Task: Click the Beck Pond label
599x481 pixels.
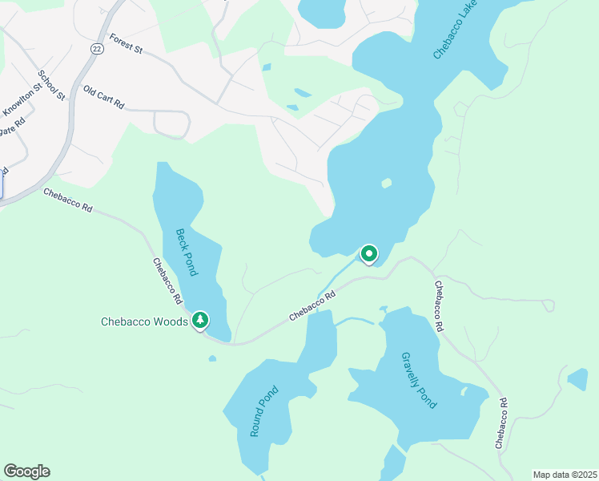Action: click(186, 253)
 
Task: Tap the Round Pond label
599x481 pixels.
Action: click(263, 411)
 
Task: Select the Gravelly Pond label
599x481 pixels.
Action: click(419, 380)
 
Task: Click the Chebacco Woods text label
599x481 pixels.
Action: click(144, 322)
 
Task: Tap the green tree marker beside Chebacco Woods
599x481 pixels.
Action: click(200, 321)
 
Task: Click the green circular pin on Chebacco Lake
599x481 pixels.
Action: click(369, 254)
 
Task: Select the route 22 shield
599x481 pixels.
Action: click(97, 49)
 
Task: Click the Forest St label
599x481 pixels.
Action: click(126, 43)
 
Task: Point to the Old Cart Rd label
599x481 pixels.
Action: click(104, 99)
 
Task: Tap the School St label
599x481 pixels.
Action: click(50, 85)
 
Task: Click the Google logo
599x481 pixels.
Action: click(26, 471)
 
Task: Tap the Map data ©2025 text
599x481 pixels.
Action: click(564, 475)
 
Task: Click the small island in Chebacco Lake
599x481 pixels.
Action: click(387, 183)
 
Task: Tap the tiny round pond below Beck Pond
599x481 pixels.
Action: click(211, 358)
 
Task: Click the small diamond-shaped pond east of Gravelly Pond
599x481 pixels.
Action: click(577, 378)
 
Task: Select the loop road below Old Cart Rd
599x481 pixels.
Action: click(171, 125)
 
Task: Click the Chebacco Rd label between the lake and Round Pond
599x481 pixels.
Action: click(312, 305)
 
